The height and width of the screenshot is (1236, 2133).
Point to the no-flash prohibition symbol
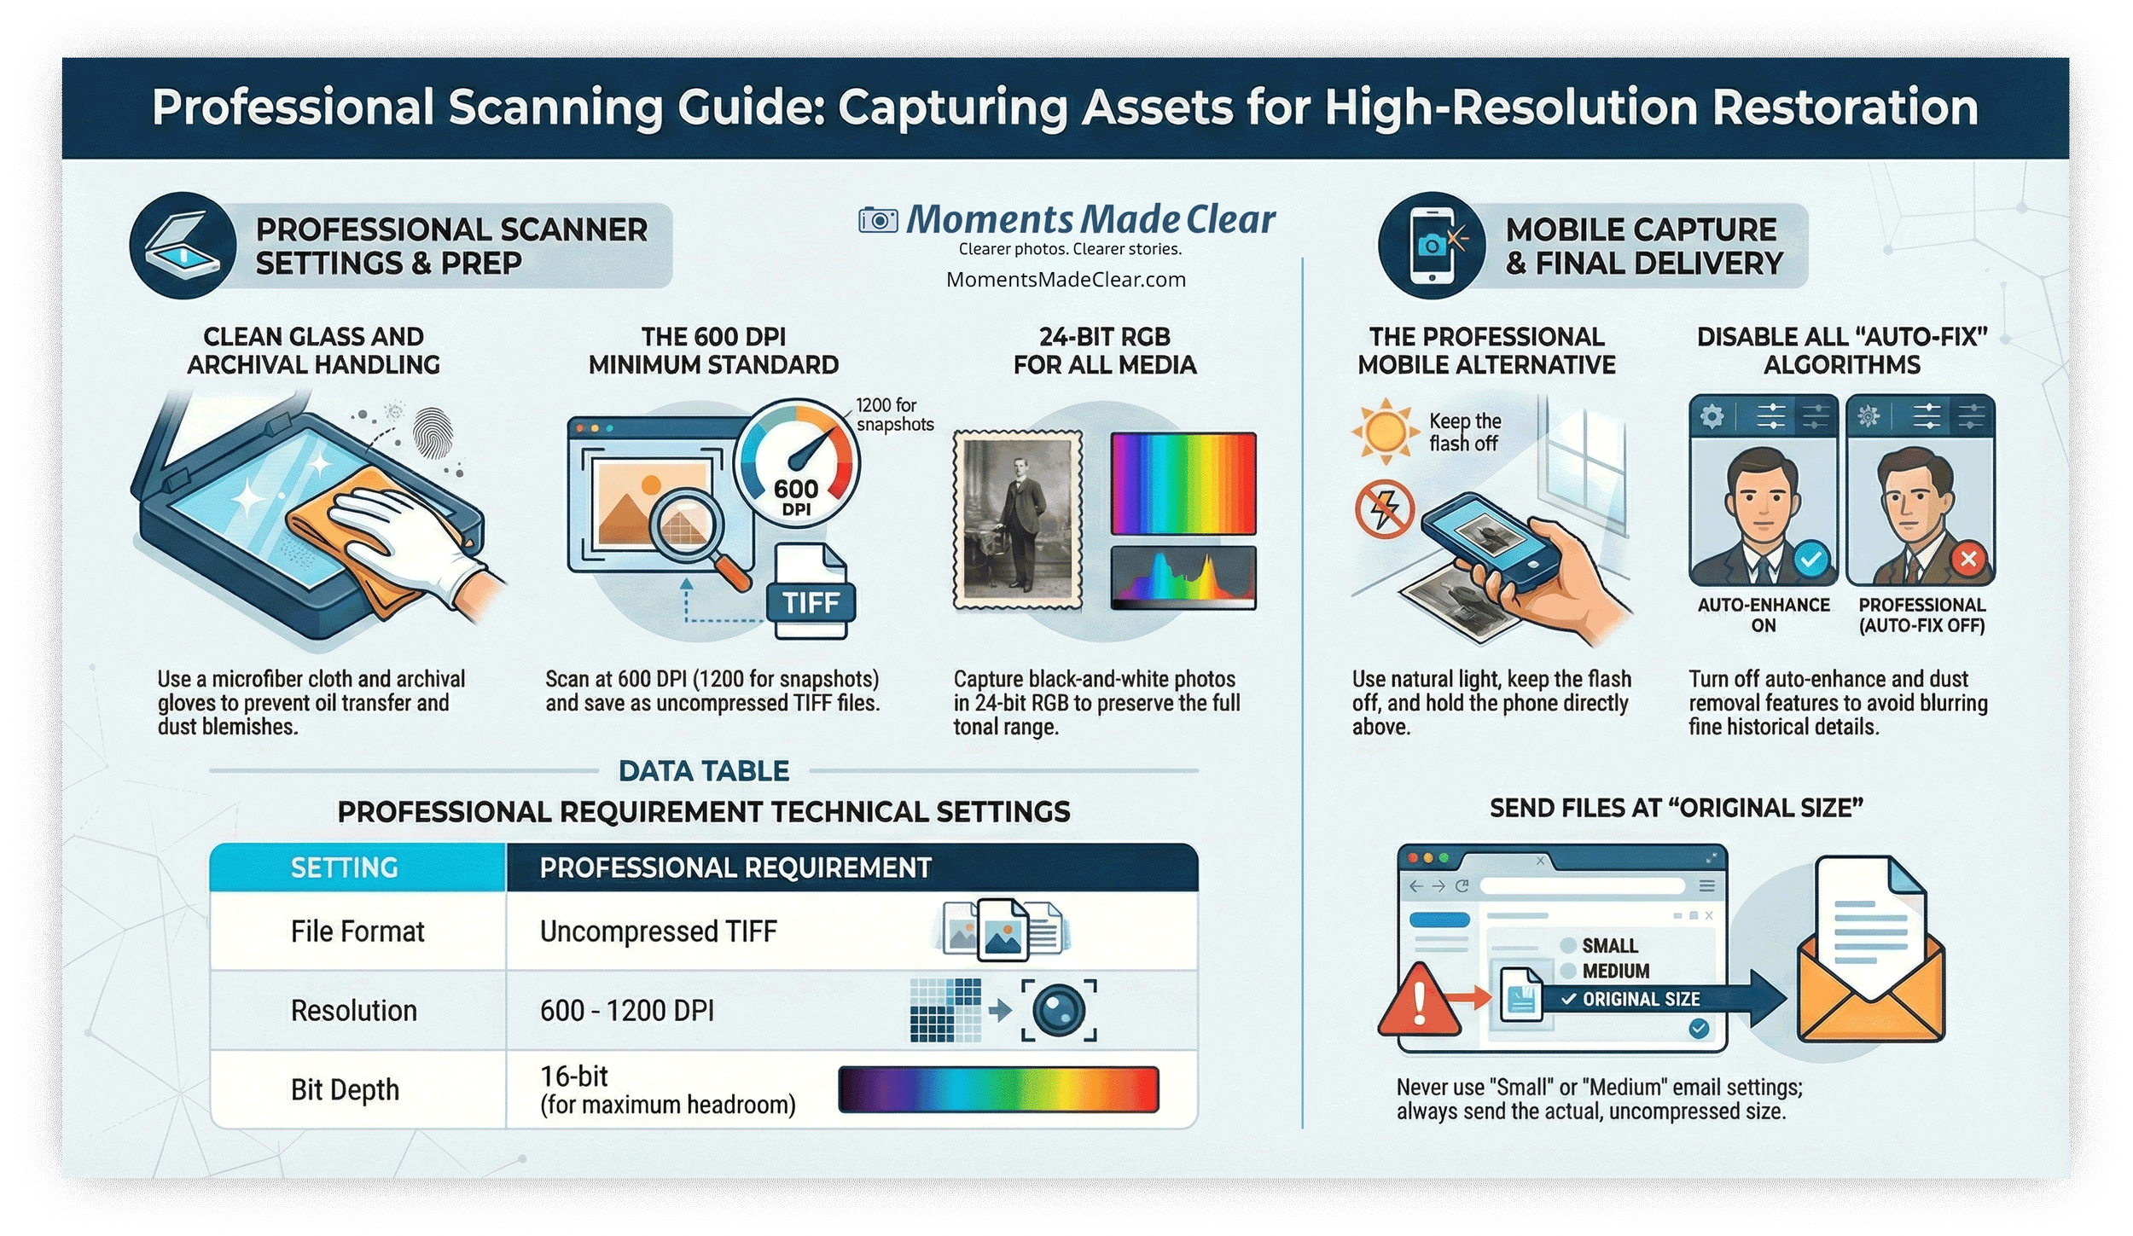coord(1385,510)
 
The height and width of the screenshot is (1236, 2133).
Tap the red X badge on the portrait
coord(1968,560)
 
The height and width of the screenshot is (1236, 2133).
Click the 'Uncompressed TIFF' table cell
coord(658,931)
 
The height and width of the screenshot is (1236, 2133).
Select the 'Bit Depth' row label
coord(345,1090)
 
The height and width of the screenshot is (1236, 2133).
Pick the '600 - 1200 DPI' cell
coord(626,1011)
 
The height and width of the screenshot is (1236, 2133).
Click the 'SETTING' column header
coord(344,868)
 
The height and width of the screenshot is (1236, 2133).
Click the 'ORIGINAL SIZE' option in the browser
coord(1640,999)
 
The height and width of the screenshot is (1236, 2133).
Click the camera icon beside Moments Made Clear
coord(878,221)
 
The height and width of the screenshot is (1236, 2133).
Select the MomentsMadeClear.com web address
coord(1066,280)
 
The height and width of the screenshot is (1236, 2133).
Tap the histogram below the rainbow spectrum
coord(1183,577)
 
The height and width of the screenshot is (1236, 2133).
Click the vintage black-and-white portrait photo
coord(1017,520)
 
